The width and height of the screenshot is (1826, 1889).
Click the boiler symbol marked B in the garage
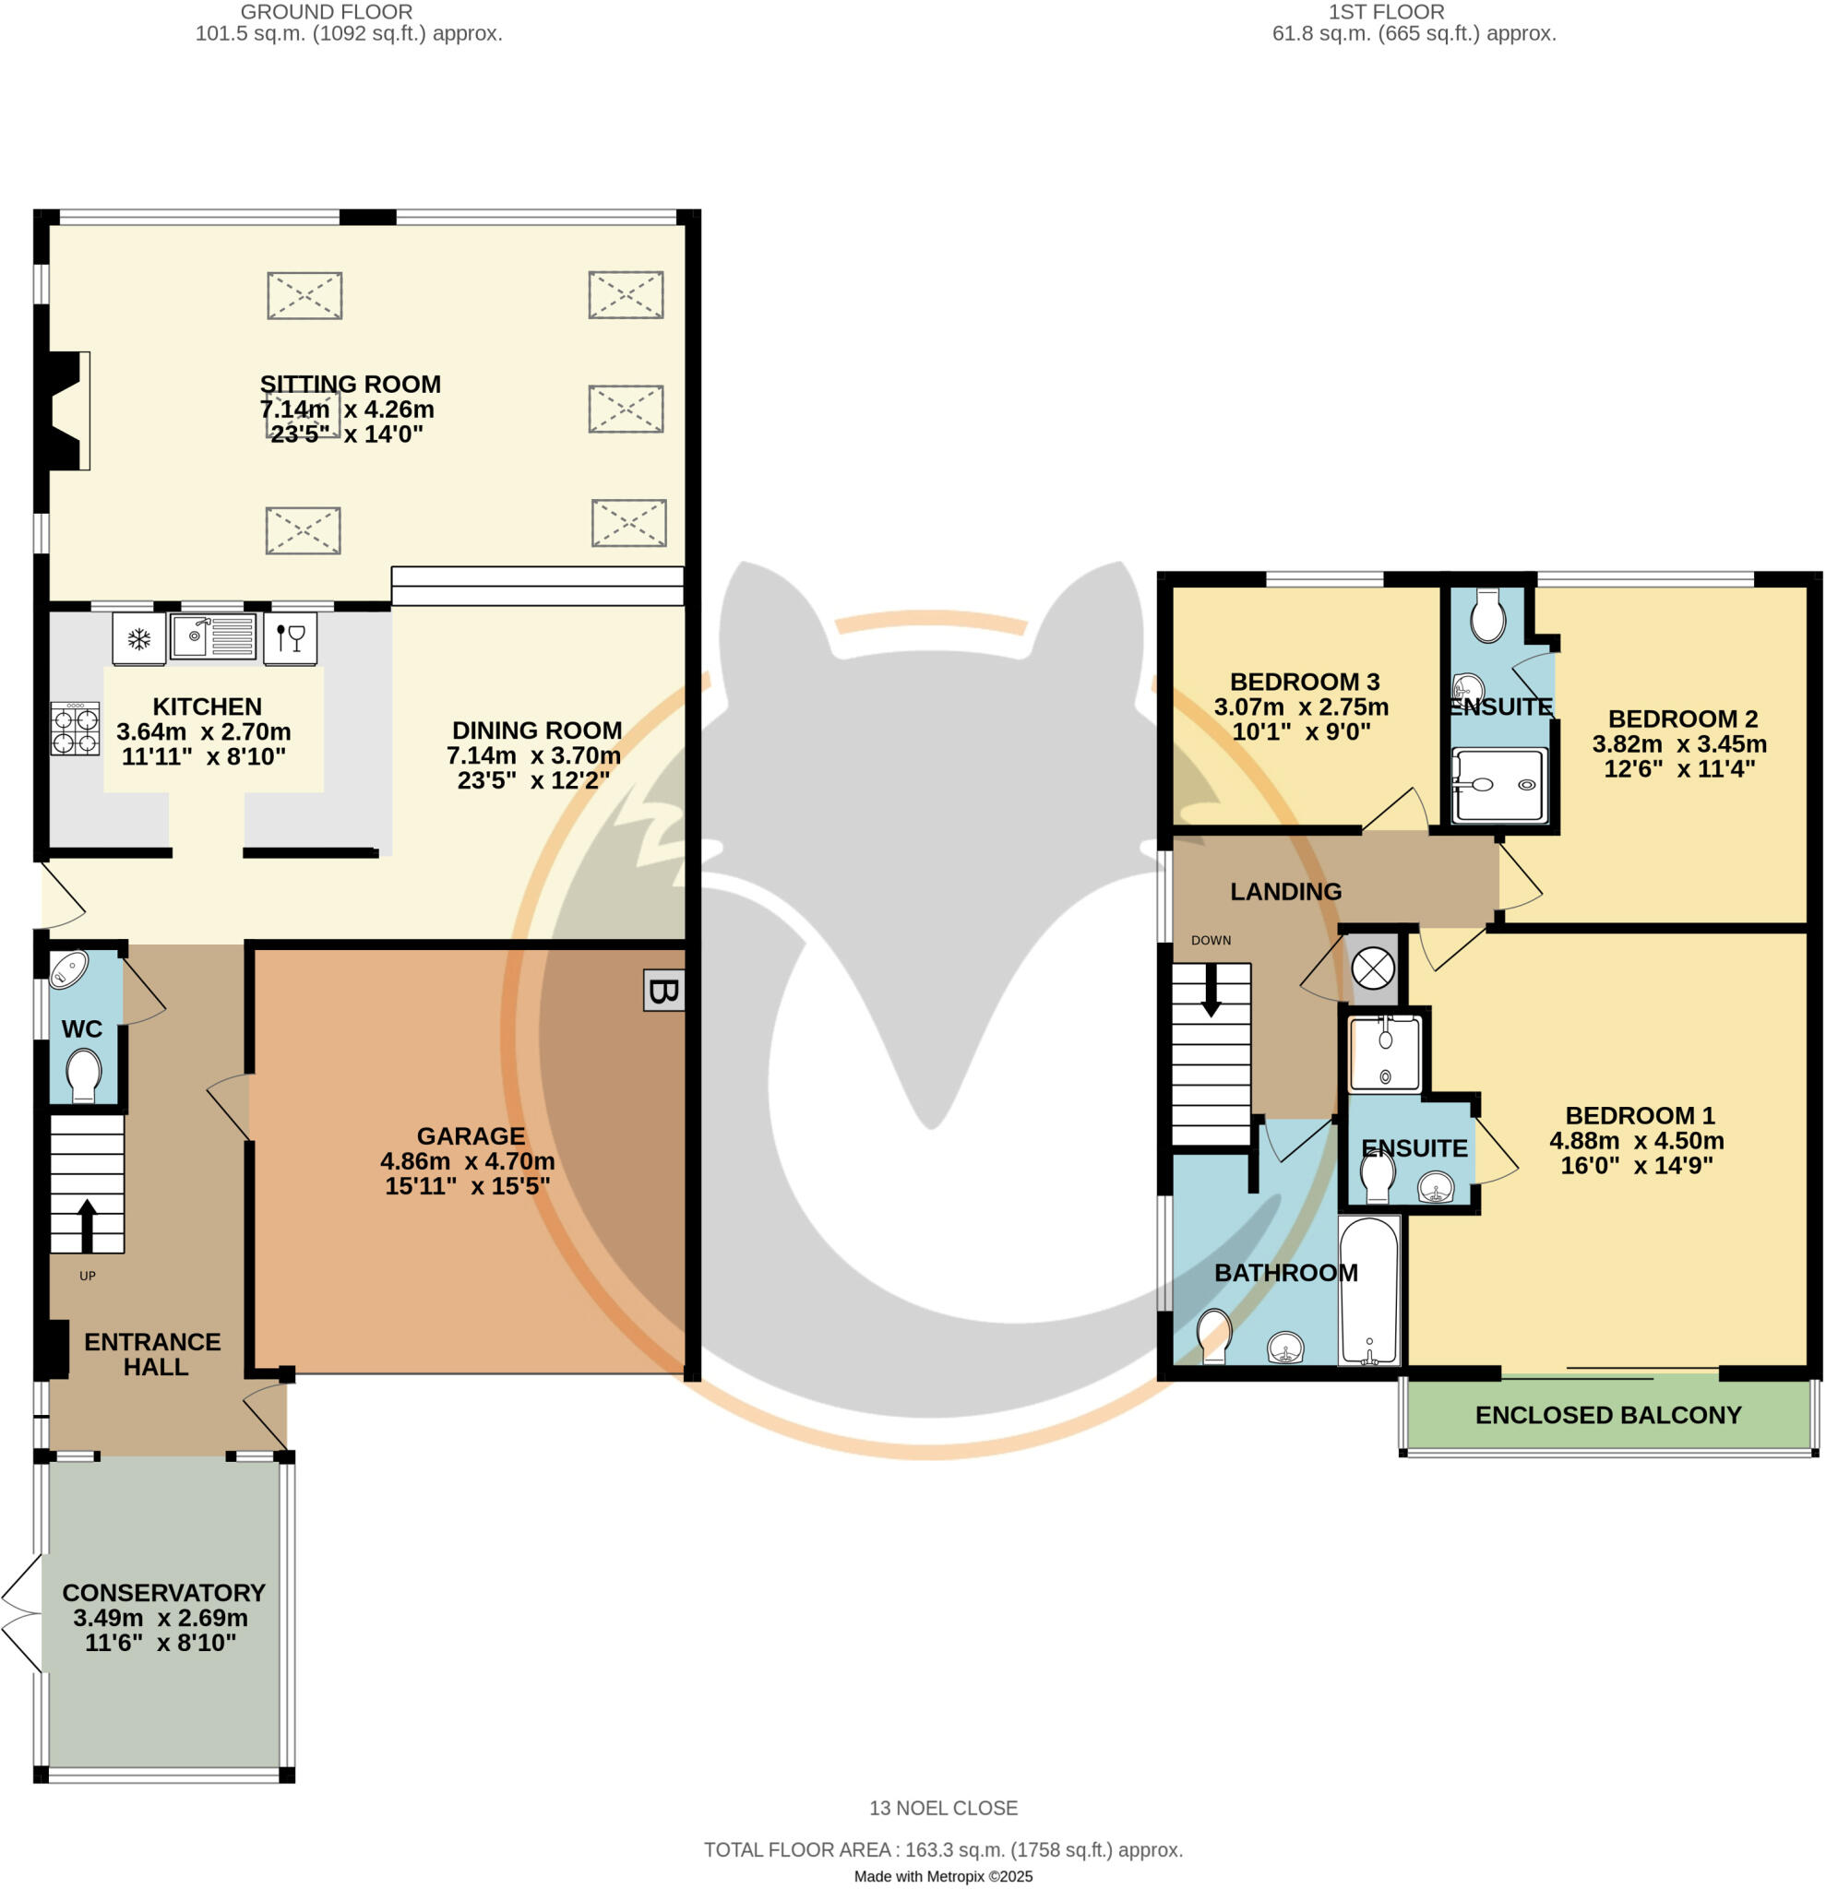[x=663, y=991]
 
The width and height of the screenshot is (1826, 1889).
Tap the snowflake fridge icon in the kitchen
[x=138, y=638]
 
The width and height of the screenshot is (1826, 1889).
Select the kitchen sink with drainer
[x=213, y=636]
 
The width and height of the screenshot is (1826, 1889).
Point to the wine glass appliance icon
[x=289, y=638]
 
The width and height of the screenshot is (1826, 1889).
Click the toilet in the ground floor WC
[x=84, y=1074]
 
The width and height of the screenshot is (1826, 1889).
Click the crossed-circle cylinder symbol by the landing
[x=1373, y=968]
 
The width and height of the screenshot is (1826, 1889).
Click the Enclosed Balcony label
[x=1607, y=1415]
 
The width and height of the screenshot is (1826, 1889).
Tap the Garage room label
[x=471, y=1136]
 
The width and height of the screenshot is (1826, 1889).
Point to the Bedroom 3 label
[x=1305, y=682]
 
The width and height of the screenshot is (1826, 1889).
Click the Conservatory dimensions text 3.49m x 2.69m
[x=160, y=1617]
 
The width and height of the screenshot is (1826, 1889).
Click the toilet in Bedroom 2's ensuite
[x=1488, y=615]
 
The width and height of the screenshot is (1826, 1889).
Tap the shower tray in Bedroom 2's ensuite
[x=1499, y=786]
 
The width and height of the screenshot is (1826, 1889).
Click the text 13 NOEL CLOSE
[x=943, y=1808]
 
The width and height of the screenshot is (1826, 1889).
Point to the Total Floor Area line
[x=943, y=1849]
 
